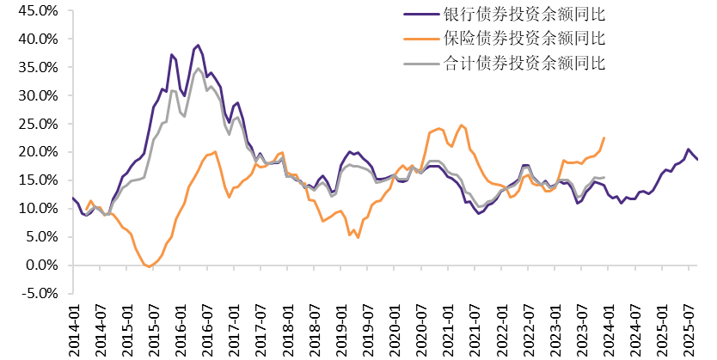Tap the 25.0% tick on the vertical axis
point(38,124)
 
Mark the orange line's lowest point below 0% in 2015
point(150,267)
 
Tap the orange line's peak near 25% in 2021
point(462,125)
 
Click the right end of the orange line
point(604,137)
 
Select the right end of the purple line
point(697,160)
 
